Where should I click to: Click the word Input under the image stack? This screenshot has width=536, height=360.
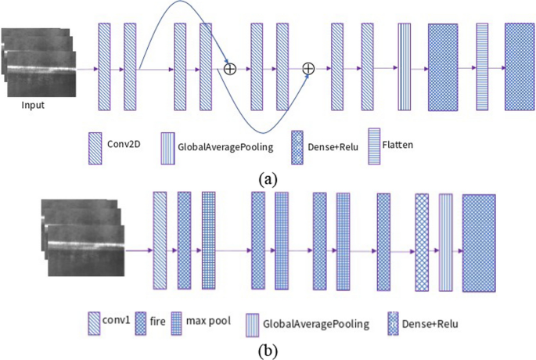pos(33,106)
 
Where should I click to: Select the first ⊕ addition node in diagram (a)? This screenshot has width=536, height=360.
pos(229,69)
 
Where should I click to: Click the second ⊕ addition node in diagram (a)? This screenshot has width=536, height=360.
pos(308,69)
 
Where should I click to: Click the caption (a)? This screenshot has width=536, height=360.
pos(268,178)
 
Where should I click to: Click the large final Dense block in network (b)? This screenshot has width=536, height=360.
pos(479,243)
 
